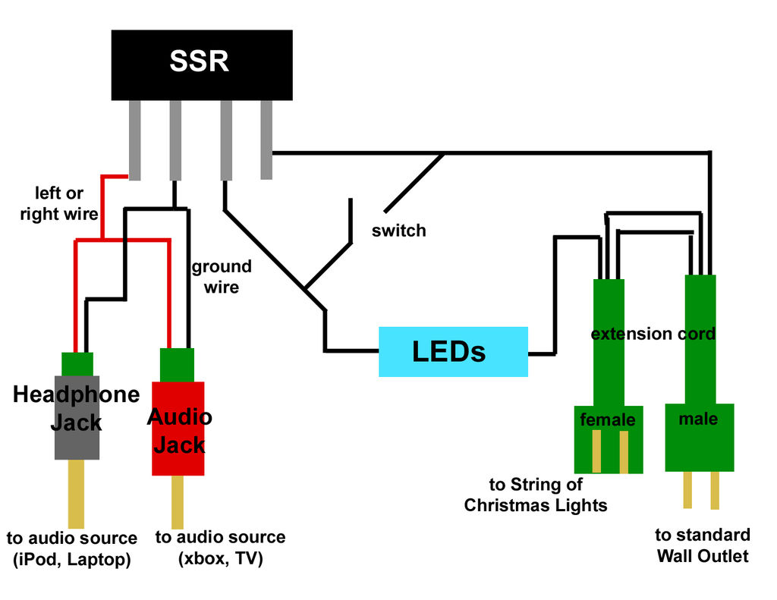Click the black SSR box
202,64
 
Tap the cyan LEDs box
453,351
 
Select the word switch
398,231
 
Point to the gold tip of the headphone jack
76,493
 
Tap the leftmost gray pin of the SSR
135,140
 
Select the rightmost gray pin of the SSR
266,140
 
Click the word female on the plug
607,419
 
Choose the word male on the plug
698,418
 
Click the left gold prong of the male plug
687,489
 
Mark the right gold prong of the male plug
715,489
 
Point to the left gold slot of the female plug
596,451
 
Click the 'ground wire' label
221,277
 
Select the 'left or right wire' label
59,203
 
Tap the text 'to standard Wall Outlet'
703,545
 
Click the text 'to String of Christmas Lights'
536,495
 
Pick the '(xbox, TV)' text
220,560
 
